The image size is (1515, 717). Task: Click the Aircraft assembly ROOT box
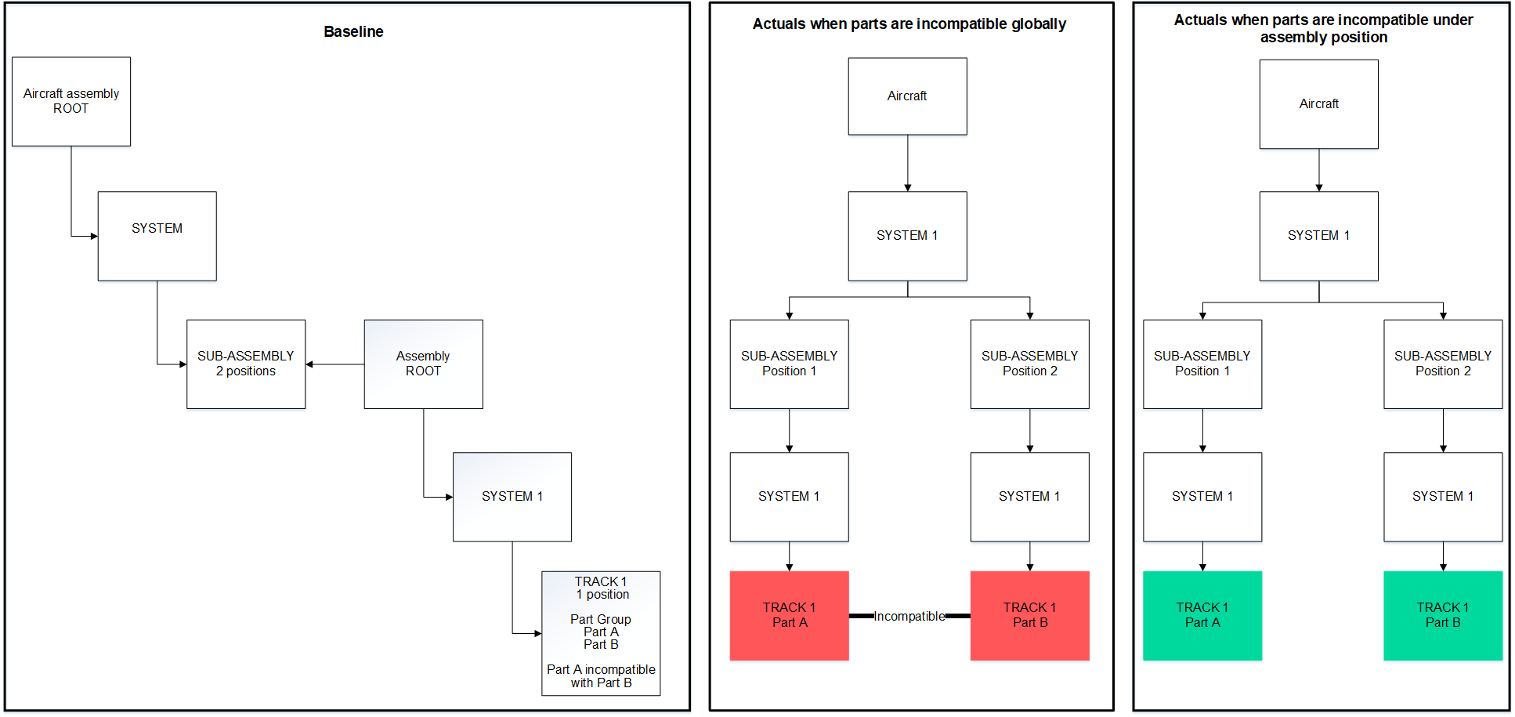(71, 101)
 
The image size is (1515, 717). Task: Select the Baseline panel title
(353, 32)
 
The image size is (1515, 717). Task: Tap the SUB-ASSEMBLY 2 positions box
(246, 364)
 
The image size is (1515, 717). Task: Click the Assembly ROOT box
(423, 364)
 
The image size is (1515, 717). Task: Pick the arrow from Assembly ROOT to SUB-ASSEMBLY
(334, 364)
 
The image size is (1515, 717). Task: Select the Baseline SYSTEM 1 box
(512, 497)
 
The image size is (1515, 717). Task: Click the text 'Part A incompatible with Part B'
(601, 675)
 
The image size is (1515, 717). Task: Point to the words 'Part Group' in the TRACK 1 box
(601, 619)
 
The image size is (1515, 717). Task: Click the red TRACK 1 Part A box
(789, 615)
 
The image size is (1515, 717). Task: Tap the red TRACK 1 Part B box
(1029, 615)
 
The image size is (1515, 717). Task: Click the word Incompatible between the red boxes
(909, 616)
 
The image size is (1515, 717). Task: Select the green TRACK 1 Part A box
(1202, 615)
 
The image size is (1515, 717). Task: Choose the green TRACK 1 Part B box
(1443, 615)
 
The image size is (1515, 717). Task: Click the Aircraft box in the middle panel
(907, 96)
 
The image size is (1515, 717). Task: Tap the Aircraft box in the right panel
(1319, 104)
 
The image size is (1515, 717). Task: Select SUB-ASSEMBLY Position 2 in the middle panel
(1029, 364)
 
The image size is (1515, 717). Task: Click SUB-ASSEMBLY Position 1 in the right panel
(1202, 364)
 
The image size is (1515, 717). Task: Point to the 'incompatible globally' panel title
(909, 24)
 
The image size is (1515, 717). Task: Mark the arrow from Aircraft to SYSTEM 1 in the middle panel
(908, 163)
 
